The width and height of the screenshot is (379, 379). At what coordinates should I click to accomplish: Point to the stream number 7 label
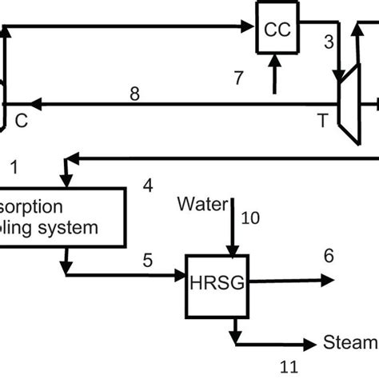(x=237, y=78)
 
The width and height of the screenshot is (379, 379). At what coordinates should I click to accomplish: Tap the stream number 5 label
(x=147, y=259)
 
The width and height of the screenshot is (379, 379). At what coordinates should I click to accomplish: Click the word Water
(x=202, y=202)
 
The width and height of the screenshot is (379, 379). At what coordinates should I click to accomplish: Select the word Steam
(x=350, y=344)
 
